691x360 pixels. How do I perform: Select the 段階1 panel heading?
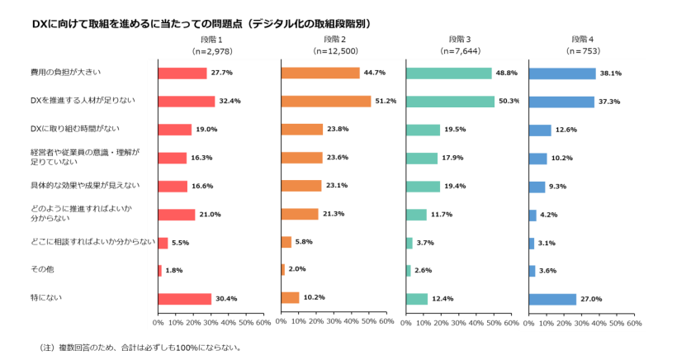point(211,40)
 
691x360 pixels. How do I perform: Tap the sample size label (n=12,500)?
point(334,51)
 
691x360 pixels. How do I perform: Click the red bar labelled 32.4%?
point(186,102)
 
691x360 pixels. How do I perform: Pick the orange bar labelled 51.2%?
point(326,102)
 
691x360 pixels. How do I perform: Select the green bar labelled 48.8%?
point(449,73)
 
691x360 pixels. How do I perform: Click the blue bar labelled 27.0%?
point(552,299)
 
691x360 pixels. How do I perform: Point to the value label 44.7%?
point(375,73)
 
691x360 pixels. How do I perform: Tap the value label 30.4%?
point(226,299)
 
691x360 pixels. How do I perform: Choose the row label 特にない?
point(46,297)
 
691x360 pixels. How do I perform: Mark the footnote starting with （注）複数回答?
point(140,348)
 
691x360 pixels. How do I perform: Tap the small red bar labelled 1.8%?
point(159,271)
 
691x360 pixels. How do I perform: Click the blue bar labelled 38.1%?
point(562,73)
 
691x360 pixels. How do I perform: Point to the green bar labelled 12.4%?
point(417,299)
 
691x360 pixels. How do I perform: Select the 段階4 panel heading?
point(583,40)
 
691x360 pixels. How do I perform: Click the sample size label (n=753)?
point(583,51)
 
